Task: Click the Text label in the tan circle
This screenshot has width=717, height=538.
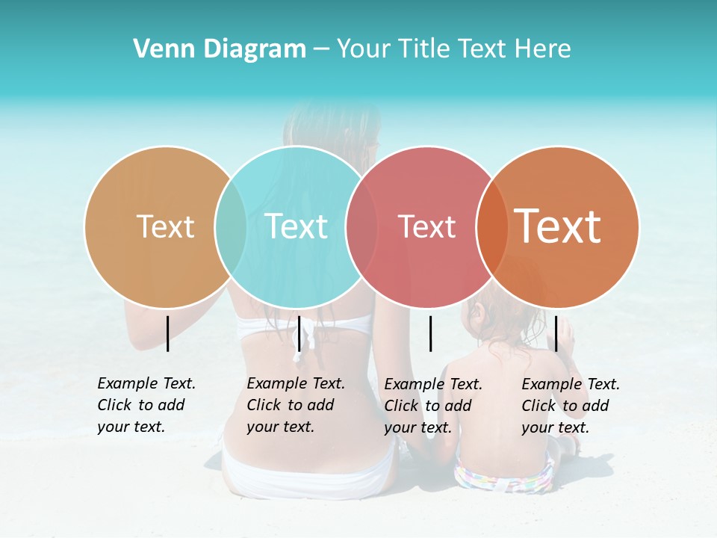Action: click(x=165, y=226)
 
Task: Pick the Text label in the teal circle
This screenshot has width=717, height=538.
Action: click(x=297, y=226)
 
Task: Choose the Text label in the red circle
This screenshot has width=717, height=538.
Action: click(x=426, y=226)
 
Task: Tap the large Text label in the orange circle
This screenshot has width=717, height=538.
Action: click(x=558, y=226)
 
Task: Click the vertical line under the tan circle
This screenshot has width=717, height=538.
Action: click(x=167, y=333)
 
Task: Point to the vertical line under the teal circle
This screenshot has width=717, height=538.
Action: click(x=299, y=333)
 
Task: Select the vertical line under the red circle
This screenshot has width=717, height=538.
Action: click(x=430, y=333)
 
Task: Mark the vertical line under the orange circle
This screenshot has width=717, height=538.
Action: click(x=556, y=333)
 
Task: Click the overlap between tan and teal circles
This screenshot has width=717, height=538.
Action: click(x=231, y=227)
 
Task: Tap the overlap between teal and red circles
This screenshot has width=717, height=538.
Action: click(x=361, y=227)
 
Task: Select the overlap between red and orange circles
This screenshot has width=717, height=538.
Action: click(x=491, y=227)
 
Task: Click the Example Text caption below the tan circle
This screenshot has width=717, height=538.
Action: click(x=146, y=405)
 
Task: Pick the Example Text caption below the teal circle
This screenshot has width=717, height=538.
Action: click(x=295, y=405)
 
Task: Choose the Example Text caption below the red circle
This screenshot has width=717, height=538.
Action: click(x=432, y=406)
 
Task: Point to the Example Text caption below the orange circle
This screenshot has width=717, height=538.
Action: click(x=570, y=406)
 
